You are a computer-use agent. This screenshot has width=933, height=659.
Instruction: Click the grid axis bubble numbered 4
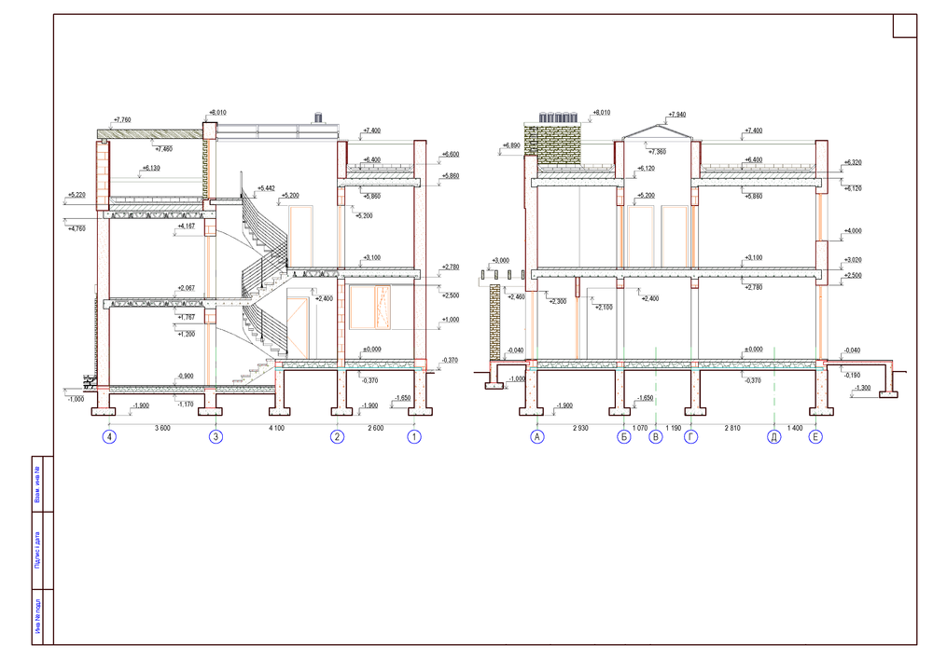click(110, 435)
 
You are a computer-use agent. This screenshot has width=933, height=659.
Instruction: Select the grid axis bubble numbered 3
click(216, 435)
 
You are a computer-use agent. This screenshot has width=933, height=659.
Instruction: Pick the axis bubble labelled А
click(536, 435)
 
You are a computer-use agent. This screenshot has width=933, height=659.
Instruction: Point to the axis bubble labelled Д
click(773, 435)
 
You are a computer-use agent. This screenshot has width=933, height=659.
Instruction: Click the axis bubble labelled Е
click(816, 435)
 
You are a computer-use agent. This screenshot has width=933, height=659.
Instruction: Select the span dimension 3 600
click(163, 428)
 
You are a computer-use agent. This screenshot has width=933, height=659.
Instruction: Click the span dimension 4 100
click(277, 428)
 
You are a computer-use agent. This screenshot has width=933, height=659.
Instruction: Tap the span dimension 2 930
click(580, 428)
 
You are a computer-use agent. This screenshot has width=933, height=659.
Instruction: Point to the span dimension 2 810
click(732, 428)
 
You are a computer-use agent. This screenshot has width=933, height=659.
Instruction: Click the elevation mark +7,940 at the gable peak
click(677, 115)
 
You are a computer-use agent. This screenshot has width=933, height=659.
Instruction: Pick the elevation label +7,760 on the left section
click(122, 119)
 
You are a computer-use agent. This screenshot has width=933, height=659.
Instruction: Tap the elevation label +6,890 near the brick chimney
click(511, 145)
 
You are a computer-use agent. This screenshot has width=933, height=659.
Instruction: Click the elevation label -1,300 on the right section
click(863, 388)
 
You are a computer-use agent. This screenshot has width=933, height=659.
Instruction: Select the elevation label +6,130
click(150, 168)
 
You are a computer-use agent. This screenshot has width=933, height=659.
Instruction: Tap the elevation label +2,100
click(603, 307)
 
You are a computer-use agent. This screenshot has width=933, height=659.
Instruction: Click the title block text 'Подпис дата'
click(37, 549)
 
